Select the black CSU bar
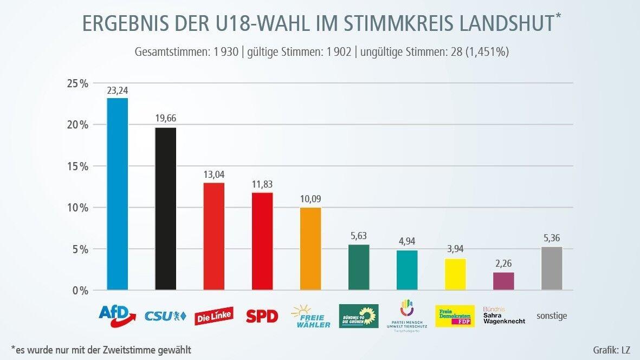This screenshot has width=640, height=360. point(165,209)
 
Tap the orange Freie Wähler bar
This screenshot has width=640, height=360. point(311,249)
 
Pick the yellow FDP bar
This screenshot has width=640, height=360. point(455,274)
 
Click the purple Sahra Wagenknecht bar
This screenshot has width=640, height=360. point(503,281)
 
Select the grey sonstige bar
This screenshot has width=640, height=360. point(552,268)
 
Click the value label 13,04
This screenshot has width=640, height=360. point(214,175)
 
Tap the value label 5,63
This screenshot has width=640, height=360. point(359,236)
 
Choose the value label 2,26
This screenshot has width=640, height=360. point(503,264)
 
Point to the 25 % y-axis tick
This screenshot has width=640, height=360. point(77,83)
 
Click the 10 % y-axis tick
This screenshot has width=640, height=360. point(77,208)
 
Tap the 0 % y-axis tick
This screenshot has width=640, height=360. point(79,291)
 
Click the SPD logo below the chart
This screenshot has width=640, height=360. point(262,316)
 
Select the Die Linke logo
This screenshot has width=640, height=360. point(214,316)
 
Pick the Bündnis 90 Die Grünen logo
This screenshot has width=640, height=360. point(359,316)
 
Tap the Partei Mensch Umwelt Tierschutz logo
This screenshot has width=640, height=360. point(407,316)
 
